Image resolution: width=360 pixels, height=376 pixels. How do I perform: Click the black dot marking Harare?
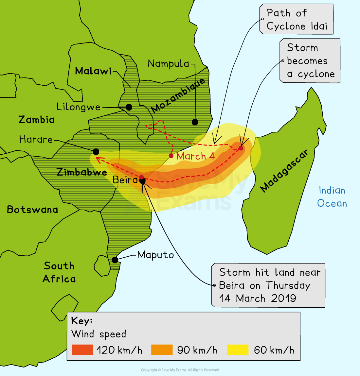click(x=96, y=152)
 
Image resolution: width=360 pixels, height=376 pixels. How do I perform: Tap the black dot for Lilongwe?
click(x=129, y=107)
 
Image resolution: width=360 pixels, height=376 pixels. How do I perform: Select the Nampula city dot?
click(x=195, y=122)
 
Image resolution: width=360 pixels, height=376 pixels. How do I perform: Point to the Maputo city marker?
click(x=115, y=260)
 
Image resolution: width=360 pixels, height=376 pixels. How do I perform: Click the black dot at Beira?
click(x=142, y=180)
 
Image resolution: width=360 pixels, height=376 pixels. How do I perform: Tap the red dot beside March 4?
click(x=171, y=156)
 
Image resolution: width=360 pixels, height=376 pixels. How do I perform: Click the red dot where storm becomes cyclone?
click(x=241, y=148)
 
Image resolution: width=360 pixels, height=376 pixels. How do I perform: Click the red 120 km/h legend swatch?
click(x=82, y=350)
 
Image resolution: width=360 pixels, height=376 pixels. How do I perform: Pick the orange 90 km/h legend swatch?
click(x=162, y=350)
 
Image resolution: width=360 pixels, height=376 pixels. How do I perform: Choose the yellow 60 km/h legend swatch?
click(x=238, y=350)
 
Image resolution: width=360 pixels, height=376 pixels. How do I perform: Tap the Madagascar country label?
click(x=284, y=171)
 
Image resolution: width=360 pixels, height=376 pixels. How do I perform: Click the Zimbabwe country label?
click(x=82, y=172)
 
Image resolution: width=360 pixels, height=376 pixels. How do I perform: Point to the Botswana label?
click(x=32, y=210)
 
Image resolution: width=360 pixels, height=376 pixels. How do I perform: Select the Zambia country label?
click(x=36, y=120)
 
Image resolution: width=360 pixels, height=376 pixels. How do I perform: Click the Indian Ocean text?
click(x=332, y=197)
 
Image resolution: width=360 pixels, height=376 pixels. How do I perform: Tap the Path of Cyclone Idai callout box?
click(x=297, y=19)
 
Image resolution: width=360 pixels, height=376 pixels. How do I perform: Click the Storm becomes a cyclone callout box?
click(x=310, y=61)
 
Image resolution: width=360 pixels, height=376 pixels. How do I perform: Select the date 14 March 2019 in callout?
click(x=258, y=299)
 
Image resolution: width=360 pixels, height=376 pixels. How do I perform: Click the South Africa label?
click(x=59, y=272)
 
